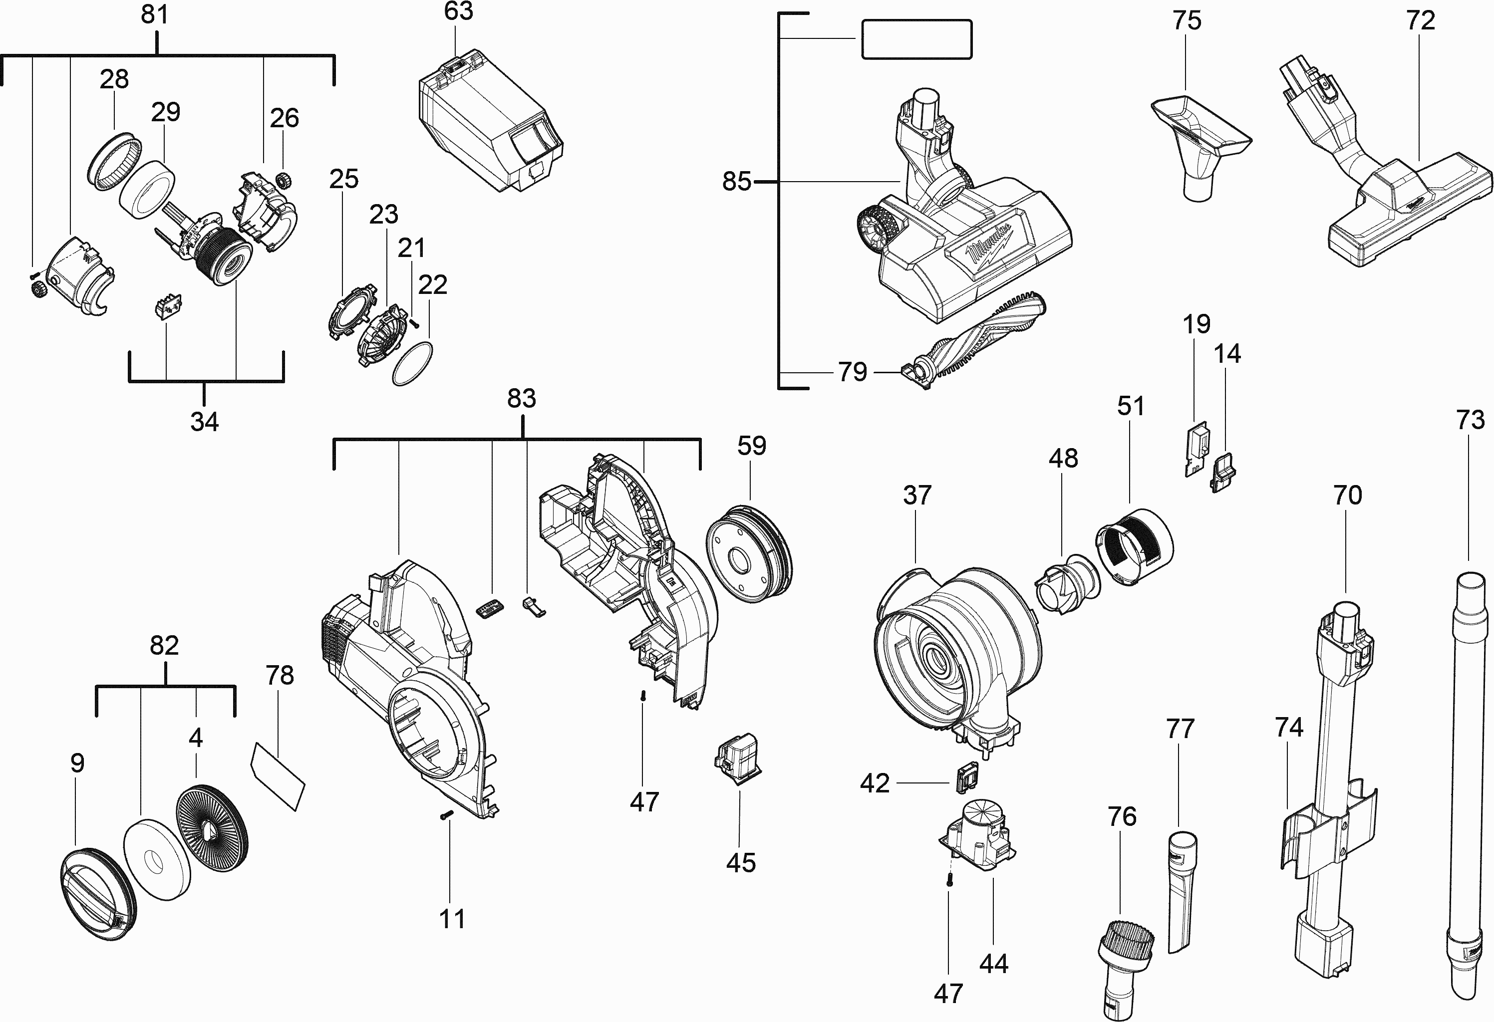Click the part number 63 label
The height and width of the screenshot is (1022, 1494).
tap(458, 11)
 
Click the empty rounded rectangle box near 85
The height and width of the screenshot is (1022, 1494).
tap(916, 40)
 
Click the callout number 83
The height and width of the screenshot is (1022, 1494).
tap(521, 399)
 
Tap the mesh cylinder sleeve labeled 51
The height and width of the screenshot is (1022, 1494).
tap(1135, 546)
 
